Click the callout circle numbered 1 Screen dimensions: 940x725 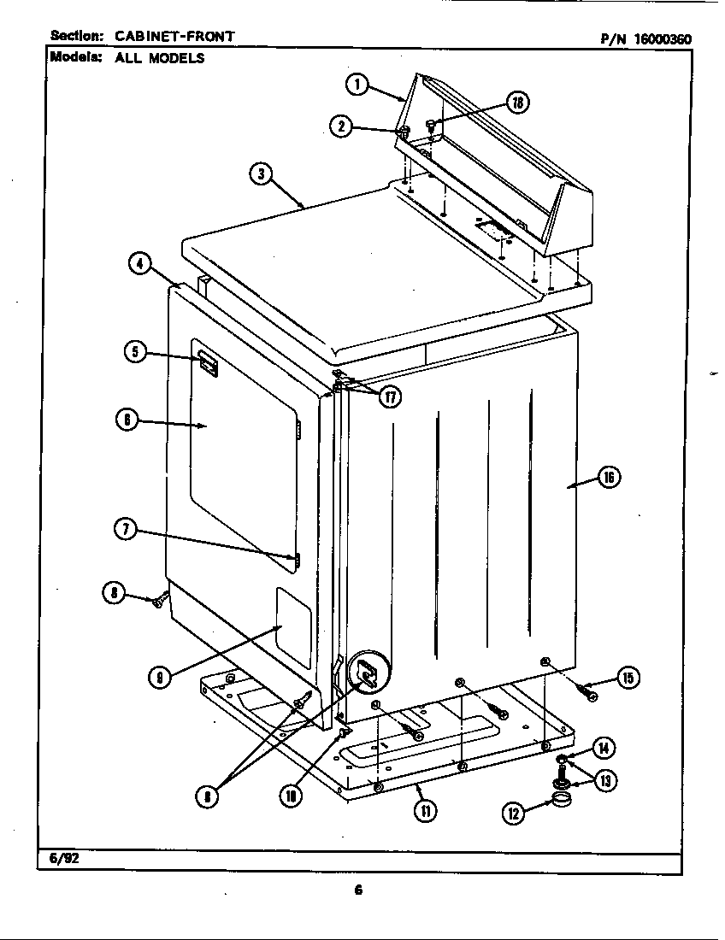(357, 84)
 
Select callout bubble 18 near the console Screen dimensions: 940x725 (518, 103)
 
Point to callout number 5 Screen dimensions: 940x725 (136, 352)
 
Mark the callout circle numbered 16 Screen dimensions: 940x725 (608, 478)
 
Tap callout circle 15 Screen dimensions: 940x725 (628, 679)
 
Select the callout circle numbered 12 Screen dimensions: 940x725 (513, 814)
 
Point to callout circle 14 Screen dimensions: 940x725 (604, 749)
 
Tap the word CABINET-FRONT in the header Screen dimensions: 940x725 (174, 36)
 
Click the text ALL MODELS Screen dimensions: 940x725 (160, 58)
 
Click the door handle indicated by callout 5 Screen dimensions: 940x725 (206, 364)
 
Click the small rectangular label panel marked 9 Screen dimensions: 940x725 (295, 626)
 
